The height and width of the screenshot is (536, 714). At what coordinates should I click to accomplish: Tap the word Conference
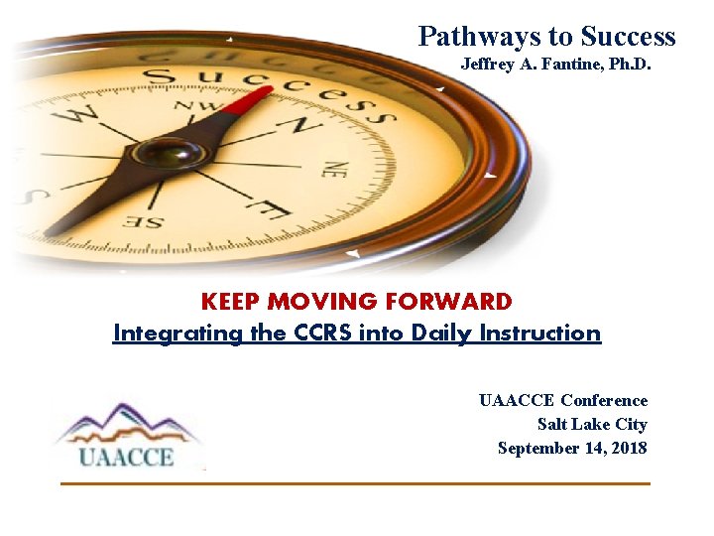(x=603, y=401)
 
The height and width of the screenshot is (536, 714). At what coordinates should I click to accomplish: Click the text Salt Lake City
(x=592, y=425)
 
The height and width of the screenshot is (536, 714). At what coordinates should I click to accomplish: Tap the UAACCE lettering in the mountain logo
(x=127, y=457)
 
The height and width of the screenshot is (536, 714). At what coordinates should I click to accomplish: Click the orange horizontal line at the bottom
(x=355, y=483)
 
